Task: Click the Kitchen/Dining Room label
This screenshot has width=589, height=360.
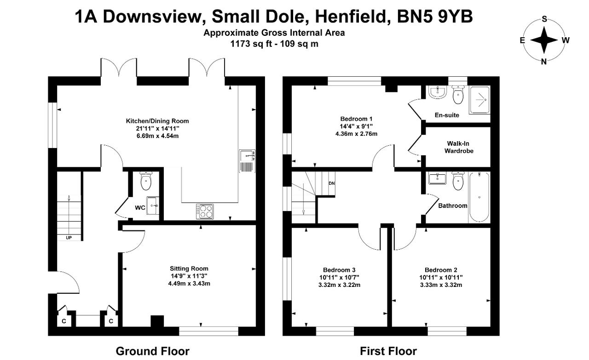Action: [157, 121]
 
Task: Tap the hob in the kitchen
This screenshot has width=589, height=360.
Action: [205, 211]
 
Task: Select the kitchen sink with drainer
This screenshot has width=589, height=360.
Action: [247, 161]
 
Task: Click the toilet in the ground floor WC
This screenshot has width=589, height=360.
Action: [146, 181]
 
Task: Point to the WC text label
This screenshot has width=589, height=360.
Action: [140, 208]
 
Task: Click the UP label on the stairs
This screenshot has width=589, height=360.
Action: [69, 238]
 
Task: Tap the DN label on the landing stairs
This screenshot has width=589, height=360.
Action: [332, 183]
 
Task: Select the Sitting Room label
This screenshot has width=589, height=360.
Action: [189, 269]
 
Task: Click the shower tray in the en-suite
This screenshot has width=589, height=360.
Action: [479, 100]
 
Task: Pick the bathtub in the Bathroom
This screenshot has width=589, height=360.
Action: [479, 197]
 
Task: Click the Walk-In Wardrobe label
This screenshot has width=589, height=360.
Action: [459, 147]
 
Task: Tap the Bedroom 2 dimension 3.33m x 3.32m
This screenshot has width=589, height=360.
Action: [441, 285]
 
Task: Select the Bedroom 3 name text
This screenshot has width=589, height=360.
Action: [339, 270]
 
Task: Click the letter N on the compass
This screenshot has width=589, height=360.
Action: [544, 62]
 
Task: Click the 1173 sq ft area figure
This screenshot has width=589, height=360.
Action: [251, 44]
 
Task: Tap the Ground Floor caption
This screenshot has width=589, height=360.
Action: [152, 351]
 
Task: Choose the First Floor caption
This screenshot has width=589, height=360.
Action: [388, 351]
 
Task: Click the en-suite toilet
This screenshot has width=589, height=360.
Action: [458, 95]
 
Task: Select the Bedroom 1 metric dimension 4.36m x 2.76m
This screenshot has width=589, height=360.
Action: [356, 134]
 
